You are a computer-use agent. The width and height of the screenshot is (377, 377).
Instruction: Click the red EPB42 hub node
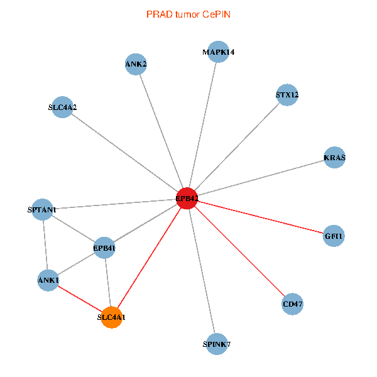pos(187,199)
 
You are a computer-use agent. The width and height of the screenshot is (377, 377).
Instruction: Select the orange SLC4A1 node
pos(111,317)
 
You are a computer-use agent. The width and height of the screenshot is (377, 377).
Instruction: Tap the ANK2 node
pos(136,64)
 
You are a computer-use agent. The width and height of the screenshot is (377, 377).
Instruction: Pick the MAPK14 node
pos(219,52)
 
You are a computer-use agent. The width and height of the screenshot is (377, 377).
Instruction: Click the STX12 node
pos(287,96)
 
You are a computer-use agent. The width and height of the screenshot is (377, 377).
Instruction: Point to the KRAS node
pos(334,157)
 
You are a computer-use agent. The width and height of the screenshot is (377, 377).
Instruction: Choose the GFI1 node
pos(334,236)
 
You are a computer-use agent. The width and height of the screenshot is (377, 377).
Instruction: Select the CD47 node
pos(293,304)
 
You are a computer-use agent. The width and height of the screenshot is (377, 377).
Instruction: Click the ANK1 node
pos(48,280)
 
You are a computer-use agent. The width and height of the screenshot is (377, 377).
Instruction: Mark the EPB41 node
pos(104,248)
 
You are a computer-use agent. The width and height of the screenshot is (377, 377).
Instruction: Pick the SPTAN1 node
pos(42,209)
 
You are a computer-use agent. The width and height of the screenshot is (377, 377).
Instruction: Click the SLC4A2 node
pos(62,107)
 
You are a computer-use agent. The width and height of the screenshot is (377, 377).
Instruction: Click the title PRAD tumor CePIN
pos(188,14)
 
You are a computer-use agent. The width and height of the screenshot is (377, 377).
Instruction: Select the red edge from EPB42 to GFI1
pos(261,217)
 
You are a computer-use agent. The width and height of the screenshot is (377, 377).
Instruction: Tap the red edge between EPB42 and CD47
pos(240,251)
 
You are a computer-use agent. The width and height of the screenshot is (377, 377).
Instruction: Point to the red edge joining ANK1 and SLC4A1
pos(80,298)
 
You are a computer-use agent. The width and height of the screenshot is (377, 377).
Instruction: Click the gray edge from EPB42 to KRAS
pos(261,178)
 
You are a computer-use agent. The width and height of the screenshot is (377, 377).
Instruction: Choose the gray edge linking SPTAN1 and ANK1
pos(45,244)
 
